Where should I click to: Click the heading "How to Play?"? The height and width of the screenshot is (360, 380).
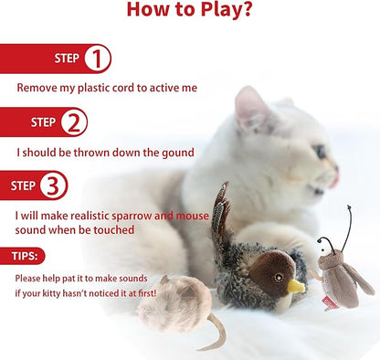click(x=189, y=11)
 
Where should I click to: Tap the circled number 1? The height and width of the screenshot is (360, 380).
click(x=97, y=58)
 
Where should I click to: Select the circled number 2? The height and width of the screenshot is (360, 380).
click(x=74, y=122)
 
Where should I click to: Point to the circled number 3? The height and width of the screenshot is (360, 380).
click(x=54, y=185)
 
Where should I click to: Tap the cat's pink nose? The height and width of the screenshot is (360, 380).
click(x=336, y=170)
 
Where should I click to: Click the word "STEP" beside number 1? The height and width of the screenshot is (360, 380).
click(x=67, y=58)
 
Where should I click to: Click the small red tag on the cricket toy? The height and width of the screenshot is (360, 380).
click(x=332, y=301)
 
